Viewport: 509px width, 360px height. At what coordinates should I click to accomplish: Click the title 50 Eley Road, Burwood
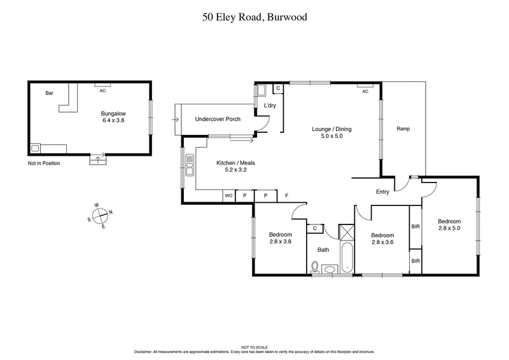coord(254,17)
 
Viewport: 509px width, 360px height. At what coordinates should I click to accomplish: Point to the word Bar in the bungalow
coord(49,93)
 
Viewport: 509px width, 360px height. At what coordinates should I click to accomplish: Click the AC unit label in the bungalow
coord(102,91)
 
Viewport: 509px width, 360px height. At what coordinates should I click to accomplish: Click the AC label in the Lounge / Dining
coord(365,92)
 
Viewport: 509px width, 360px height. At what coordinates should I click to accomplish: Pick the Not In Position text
coord(44,163)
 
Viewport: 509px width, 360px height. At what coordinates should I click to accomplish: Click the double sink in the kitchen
coord(189,165)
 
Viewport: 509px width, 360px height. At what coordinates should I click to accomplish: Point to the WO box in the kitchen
coord(228,196)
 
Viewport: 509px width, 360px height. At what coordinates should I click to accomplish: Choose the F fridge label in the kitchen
coord(286,196)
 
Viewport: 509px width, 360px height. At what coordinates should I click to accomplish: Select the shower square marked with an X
coord(347,231)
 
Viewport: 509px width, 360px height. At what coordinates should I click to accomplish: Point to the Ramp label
coord(403,129)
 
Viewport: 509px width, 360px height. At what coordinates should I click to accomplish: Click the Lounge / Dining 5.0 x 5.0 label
coord(331,133)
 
